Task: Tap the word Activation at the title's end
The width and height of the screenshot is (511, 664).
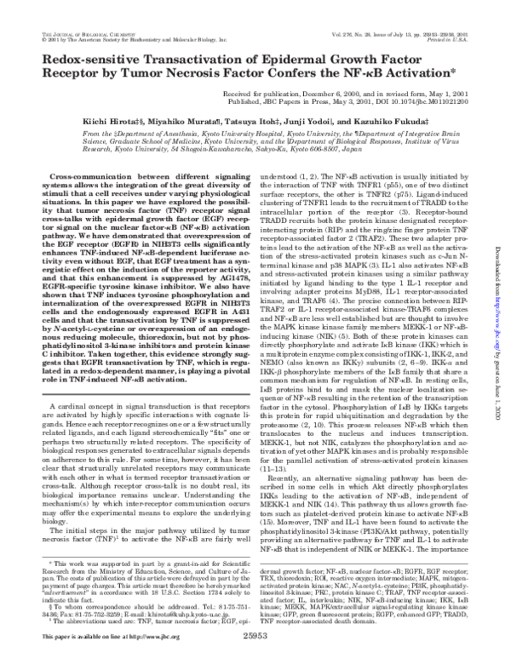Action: [416, 79]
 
